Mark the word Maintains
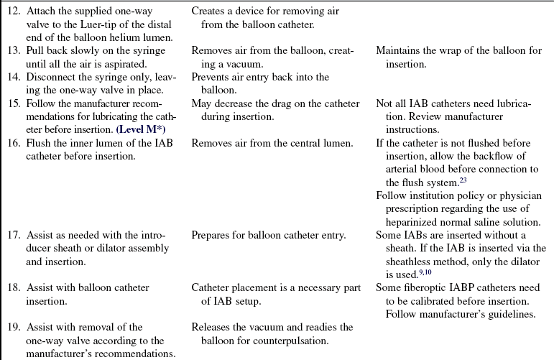click(399, 50)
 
